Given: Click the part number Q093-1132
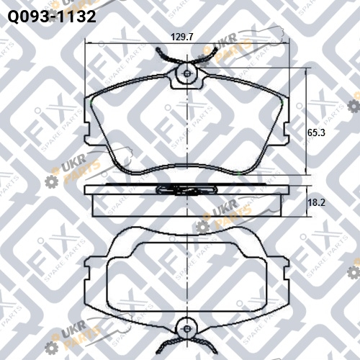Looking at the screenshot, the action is tap(52, 17).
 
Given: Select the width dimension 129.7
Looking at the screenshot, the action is tap(182, 37).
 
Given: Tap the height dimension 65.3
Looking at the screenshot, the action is tap(316, 132).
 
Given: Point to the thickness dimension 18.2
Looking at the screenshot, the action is tap(316, 202).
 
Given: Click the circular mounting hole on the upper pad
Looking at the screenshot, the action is tap(187, 73).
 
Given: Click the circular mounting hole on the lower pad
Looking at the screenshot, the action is tap(187, 328).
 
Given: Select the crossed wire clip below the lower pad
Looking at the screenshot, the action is tap(186, 346).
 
